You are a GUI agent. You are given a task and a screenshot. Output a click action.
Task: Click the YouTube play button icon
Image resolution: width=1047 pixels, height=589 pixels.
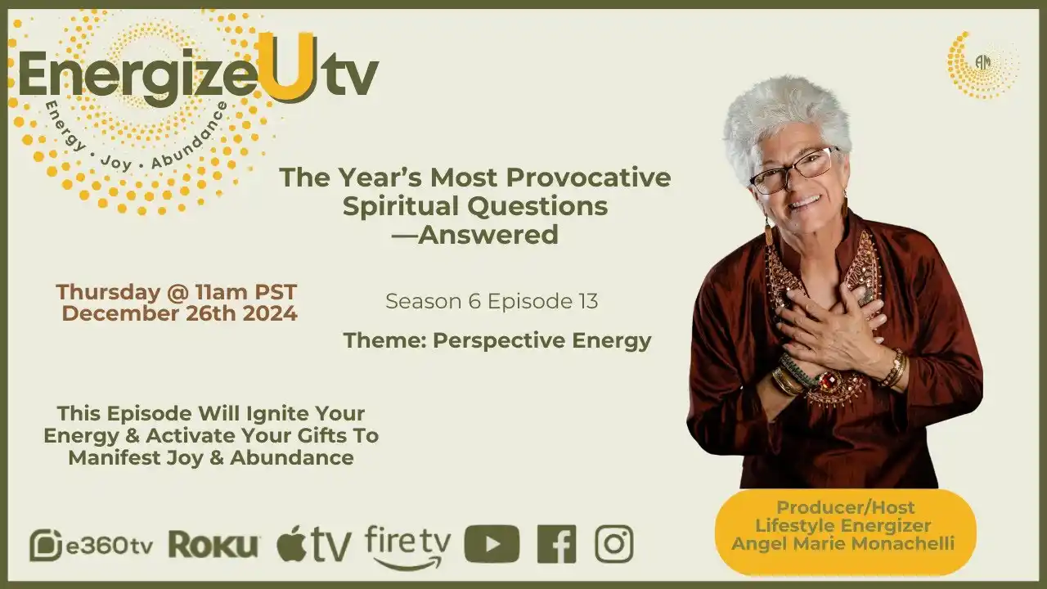(492, 544)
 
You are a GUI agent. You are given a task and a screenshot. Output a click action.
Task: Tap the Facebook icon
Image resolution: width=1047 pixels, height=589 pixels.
(556, 544)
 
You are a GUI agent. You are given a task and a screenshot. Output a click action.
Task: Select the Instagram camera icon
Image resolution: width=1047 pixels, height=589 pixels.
(614, 544)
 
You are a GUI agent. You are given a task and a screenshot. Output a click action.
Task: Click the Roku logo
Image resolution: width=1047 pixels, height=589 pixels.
(213, 545)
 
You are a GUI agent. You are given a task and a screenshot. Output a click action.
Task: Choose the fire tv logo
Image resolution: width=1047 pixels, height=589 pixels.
(407, 547)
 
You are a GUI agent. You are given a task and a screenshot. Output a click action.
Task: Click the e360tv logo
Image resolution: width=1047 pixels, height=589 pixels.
(91, 545)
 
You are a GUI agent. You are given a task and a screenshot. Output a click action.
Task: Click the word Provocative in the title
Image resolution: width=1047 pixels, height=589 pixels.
(588, 178)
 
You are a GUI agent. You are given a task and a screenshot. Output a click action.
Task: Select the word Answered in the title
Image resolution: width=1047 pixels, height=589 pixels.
(488, 234)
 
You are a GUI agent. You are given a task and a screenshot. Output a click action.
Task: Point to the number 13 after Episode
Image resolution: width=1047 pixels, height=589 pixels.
(588, 301)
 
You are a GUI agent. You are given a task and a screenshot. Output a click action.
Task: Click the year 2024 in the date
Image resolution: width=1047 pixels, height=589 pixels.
(270, 313)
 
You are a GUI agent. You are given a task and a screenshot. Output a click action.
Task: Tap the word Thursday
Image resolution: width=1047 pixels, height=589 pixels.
(109, 292)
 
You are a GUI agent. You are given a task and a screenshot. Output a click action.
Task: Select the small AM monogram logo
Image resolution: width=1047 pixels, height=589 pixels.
(983, 62)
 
